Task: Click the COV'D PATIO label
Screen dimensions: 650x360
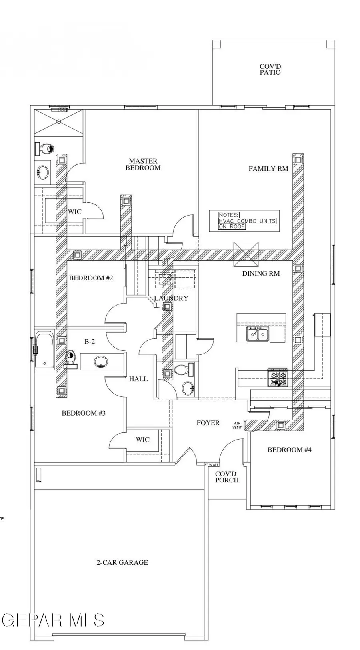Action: click(270, 70)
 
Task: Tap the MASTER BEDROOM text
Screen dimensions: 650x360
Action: click(143, 164)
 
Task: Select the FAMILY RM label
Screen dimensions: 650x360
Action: click(268, 169)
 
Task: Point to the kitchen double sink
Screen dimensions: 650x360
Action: click(258, 334)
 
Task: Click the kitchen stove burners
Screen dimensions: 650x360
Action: click(278, 377)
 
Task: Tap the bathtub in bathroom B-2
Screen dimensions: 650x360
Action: click(44, 350)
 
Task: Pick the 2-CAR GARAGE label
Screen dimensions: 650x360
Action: click(122, 562)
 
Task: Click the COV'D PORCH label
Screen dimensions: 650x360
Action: click(227, 477)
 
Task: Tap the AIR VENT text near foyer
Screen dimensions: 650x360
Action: click(237, 425)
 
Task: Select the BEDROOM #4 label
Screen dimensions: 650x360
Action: click(289, 450)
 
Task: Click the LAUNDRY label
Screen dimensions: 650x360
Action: click(171, 298)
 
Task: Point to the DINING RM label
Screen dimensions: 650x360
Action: click(261, 274)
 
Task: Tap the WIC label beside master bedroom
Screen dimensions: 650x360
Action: click(74, 211)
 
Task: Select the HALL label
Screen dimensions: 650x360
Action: click(138, 379)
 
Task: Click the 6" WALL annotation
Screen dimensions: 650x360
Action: click(212, 465)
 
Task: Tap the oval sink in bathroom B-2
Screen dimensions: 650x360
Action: click(101, 362)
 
